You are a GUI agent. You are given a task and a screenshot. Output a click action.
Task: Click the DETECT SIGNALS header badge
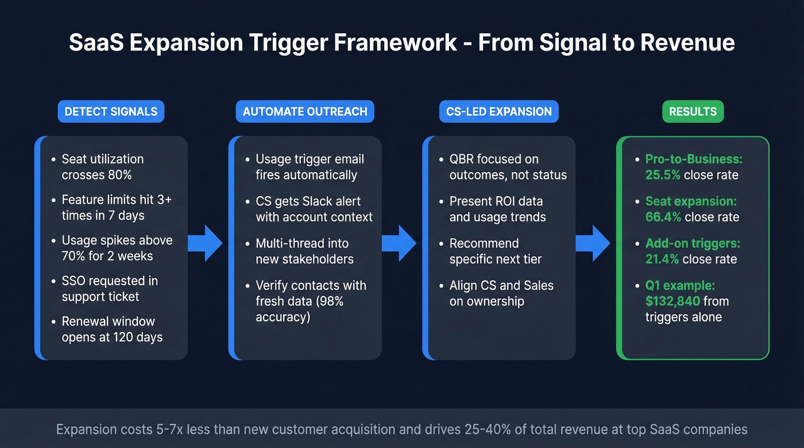tap(111, 111)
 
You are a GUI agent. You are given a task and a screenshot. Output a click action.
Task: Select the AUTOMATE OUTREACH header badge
tap(305, 111)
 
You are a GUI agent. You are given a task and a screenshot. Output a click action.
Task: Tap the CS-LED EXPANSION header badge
tap(498, 111)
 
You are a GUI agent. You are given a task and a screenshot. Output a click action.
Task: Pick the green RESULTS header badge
tap(693, 111)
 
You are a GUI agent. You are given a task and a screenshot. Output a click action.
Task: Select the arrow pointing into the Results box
tap(593, 243)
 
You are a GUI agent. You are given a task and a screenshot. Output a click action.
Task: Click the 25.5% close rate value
tap(663, 175)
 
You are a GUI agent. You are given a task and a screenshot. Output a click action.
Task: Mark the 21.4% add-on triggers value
tap(663, 259)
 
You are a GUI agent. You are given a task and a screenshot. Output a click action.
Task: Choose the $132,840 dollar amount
tap(672, 301)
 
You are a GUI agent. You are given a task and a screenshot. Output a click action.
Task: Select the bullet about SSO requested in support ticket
tap(109, 289)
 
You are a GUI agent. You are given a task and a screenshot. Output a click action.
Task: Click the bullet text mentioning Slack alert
tap(314, 209)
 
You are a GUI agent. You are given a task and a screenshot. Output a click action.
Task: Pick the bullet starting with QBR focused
tap(508, 167)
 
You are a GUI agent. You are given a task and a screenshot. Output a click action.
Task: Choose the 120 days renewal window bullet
tap(112, 329)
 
